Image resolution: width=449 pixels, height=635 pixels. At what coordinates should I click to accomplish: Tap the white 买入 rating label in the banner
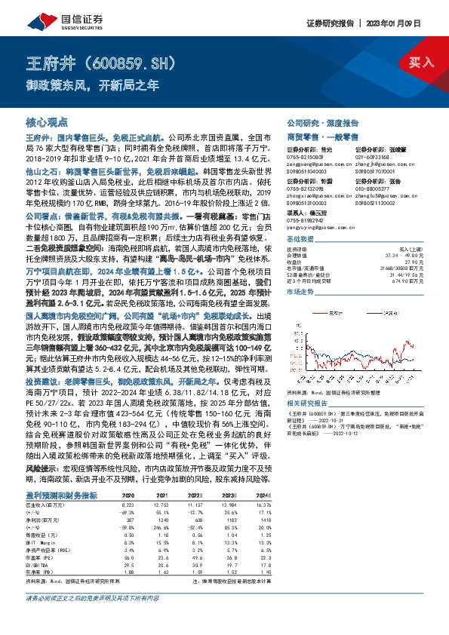pyautogui.click(x=417, y=63)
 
